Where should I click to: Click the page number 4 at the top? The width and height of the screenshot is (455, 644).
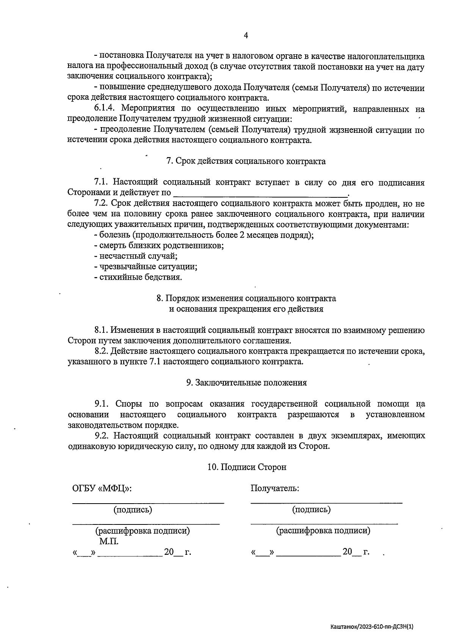(246, 36)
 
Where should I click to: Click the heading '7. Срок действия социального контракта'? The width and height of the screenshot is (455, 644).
(246, 161)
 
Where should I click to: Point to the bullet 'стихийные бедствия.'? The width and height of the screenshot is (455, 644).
(138, 277)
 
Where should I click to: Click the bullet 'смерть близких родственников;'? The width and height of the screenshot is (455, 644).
(159, 246)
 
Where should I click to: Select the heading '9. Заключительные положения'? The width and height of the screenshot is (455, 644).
(246, 383)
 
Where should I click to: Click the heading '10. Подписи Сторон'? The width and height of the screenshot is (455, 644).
(247, 467)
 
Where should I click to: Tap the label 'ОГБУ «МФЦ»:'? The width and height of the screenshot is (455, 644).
(102, 488)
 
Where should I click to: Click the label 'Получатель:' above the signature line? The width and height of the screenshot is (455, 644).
(275, 488)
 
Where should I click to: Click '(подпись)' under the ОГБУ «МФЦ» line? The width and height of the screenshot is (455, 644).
(133, 510)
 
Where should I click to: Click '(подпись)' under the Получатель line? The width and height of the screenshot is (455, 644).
(311, 510)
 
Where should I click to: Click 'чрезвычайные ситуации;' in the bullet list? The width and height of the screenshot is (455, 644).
(146, 267)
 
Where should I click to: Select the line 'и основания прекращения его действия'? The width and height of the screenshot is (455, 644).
(246, 309)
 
